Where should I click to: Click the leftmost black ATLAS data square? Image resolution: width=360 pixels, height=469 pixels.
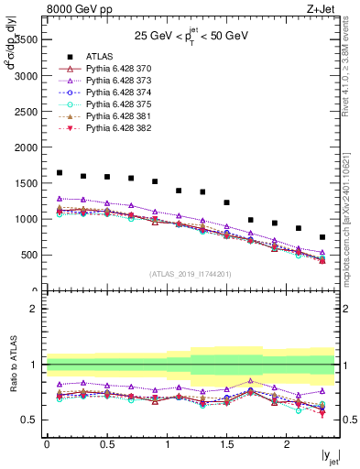tap(60, 172)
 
